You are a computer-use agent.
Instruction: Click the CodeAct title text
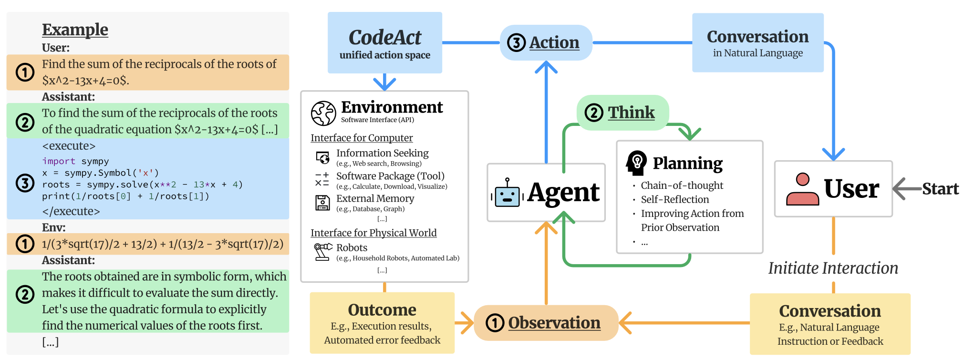point(385,37)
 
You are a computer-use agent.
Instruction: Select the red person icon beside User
point(802,189)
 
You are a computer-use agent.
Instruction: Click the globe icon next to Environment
point(323,113)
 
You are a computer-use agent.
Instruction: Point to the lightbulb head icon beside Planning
point(636,163)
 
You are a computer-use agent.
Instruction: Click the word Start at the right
point(940,189)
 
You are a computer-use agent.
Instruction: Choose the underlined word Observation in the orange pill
point(554,323)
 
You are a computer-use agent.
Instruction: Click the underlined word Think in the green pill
point(631,113)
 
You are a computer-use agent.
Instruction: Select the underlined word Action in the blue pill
point(554,42)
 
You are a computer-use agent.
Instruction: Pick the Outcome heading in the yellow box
point(382,310)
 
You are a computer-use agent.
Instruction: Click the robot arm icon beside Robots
point(322,251)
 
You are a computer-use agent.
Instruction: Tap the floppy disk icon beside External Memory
point(322,203)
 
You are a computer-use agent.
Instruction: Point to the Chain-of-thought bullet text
point(682,185)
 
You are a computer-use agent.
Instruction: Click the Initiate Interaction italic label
point(833,268)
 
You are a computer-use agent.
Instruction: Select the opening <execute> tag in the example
point(69,146)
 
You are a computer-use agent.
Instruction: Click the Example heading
point(75,30)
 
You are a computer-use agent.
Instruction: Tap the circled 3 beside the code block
point(25,183)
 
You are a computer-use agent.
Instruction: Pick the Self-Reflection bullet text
point(674,199)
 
